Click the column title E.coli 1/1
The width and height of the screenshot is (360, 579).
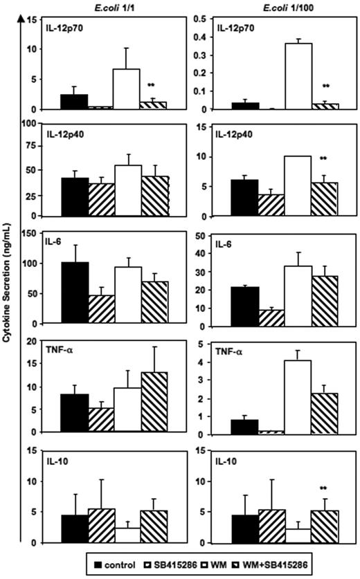point(105,7)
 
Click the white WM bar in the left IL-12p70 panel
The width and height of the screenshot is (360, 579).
point(127,89)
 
